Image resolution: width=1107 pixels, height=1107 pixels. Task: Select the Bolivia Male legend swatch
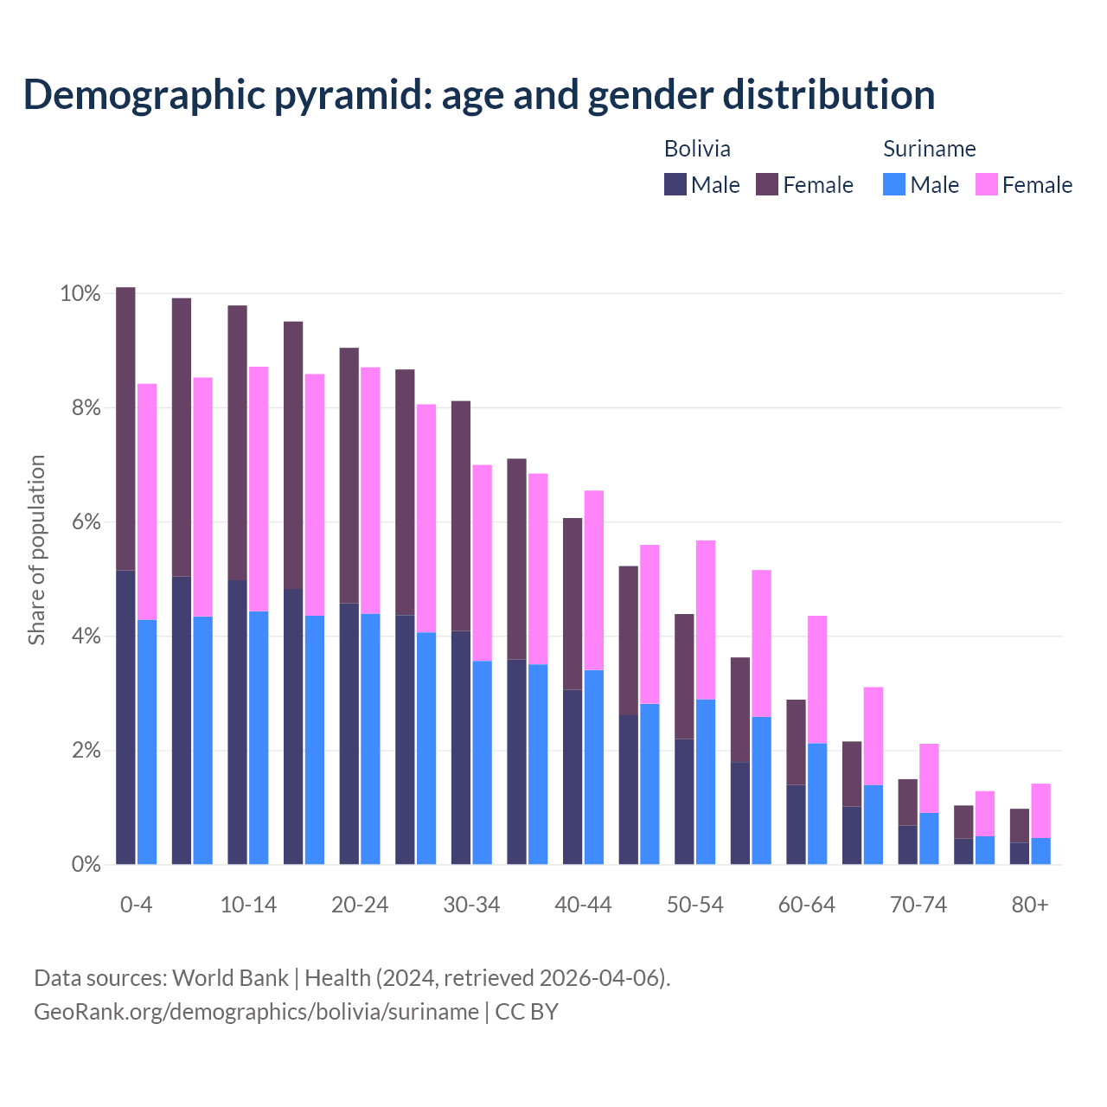point(675,184)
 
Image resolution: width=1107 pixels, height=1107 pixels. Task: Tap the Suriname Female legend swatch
point(986,184)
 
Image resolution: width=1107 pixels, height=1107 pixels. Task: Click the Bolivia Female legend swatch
point(767,184)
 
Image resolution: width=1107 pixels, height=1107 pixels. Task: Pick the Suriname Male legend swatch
point(894,184)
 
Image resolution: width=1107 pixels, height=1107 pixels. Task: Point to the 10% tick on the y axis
point(80,294)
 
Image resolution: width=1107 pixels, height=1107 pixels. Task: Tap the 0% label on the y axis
point(86,864)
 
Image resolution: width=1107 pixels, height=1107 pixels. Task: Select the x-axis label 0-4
point(136,905)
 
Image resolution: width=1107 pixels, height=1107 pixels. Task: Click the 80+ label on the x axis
point(1030,905)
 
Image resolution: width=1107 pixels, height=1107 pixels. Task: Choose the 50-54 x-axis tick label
point(694,905)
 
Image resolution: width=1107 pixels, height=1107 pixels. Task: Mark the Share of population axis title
point(36,550)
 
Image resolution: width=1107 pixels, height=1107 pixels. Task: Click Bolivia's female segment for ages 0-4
point(125,428)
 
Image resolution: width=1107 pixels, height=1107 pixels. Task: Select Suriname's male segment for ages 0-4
point(147,741)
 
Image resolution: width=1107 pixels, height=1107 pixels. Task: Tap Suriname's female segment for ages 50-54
point(706,619)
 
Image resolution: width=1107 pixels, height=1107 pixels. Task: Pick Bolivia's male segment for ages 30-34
point(461,747)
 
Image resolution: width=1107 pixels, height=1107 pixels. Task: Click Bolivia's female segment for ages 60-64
point(796,742)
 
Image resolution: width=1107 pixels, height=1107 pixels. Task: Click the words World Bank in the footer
point(230,978)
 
